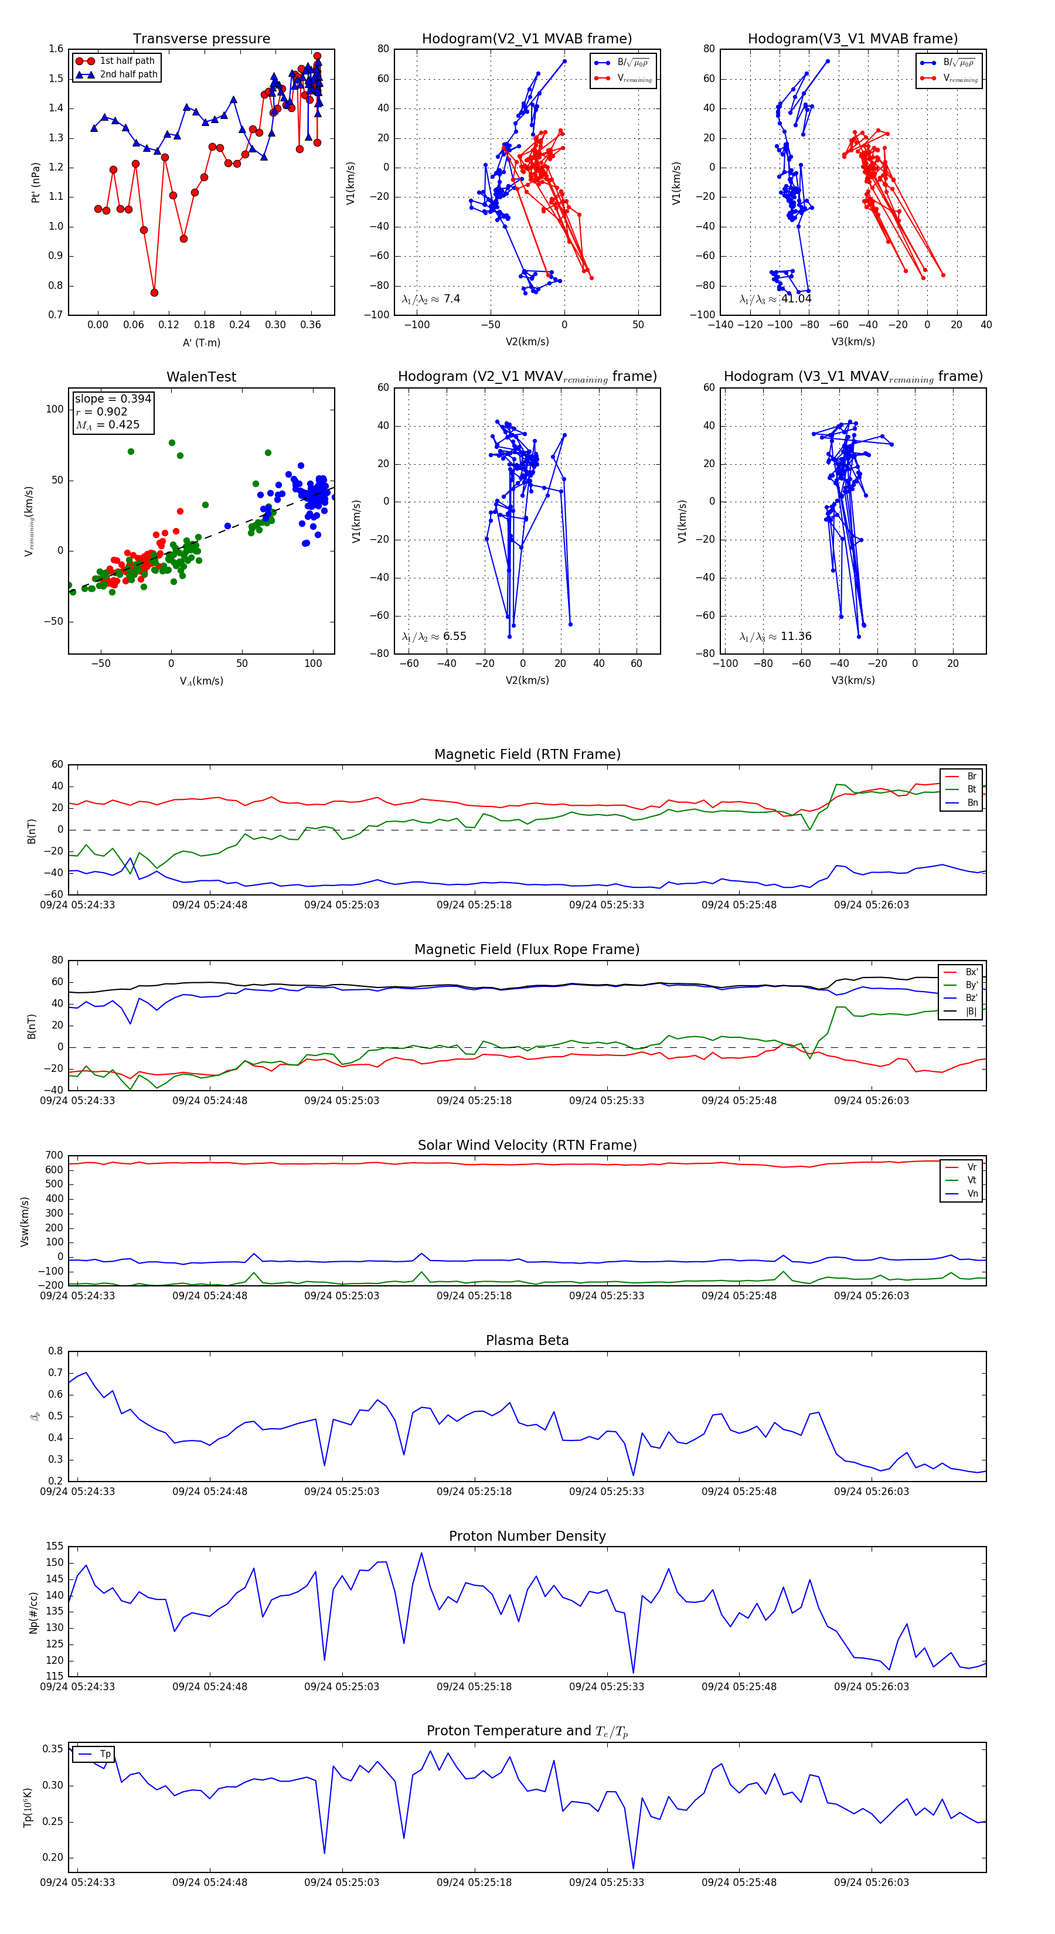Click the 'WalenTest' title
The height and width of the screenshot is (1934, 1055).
(201, 377)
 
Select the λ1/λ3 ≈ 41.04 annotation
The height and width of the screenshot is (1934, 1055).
(775, 299)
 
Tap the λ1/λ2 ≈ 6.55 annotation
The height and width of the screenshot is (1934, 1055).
(433, 636)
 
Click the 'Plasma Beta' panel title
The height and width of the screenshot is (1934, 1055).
(527, 1341)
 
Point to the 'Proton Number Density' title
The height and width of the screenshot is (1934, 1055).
(527, 1536)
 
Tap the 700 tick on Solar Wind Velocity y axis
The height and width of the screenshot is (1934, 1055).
(54, 1156)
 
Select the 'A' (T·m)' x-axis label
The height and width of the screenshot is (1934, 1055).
(201, 343)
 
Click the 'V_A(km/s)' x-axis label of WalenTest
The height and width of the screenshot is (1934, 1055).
(201, 681)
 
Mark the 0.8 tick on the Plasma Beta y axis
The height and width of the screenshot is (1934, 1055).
(56, 1351)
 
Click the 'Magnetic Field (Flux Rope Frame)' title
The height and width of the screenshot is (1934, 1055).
(527, 950)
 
